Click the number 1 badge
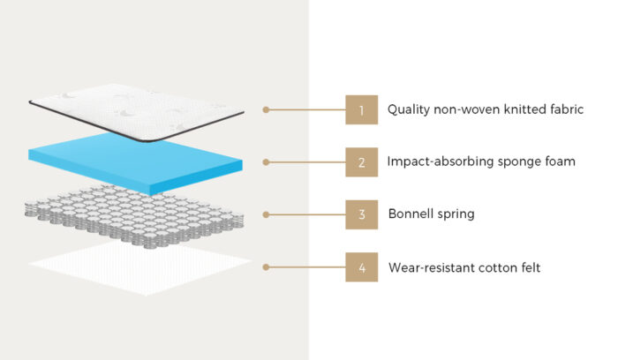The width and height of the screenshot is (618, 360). [x=361, y=110]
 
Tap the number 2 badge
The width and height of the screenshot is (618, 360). [x=361, y=162]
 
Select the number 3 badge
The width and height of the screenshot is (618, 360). [x=361, y=214]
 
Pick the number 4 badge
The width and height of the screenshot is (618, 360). [x=361, y=266]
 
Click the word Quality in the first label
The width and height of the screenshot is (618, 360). [x=408, y=111]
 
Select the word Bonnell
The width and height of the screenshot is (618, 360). [x=412, y=214]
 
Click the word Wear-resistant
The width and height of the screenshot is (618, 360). [x=435, y=266]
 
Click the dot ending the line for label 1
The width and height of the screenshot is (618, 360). [x=266, y=110]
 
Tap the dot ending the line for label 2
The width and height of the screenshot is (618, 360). [x=266, y=162]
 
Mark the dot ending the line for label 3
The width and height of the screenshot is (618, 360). [x=266, y=214]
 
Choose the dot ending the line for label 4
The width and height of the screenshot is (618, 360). [x=266, y=266]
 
